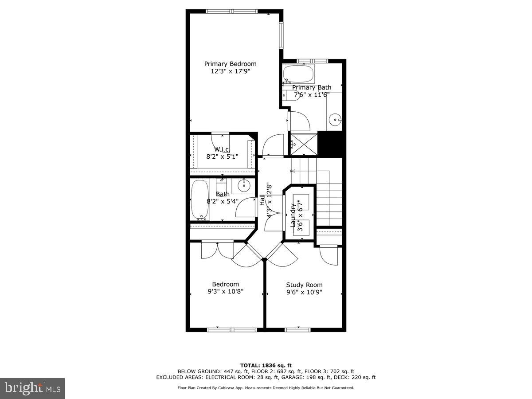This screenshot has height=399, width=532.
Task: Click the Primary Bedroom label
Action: (x=230, y=64)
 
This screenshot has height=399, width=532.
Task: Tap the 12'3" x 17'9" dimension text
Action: (x=230, y=71)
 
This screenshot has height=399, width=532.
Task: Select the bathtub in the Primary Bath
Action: (x=298, y=73)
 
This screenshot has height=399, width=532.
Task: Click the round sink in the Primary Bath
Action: (x=336, y=118)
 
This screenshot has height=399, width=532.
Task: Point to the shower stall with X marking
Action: (x=303, y=144)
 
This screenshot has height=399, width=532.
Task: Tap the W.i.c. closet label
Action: (x=222, y=149)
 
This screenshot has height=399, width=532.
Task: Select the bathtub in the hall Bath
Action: (x=199, y=200)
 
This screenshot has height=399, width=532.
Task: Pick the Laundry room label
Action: (x=293, y=215)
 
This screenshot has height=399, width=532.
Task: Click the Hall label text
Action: (x=262, y=200)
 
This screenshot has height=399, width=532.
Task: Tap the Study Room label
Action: (x=304, y=285)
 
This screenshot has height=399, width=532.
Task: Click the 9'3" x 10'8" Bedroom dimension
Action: (x=225, y=291)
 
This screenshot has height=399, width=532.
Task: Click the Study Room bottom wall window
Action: (x=297, y=329)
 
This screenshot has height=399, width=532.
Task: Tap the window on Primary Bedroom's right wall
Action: (x=281, y=35)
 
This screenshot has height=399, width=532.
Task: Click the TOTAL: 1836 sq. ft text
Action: (x=266, y=365)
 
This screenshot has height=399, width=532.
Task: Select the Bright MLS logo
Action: (x=32, y=388)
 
